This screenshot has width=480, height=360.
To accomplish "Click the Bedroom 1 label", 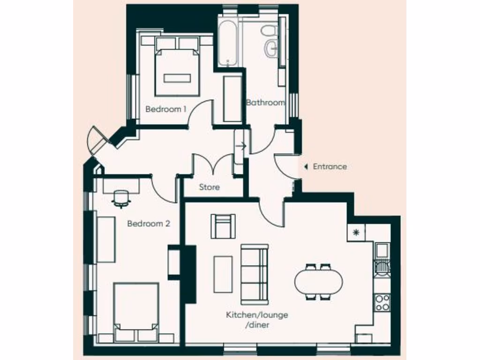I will [x=165, y=109].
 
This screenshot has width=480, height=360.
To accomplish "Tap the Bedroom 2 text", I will [x=148, y=224].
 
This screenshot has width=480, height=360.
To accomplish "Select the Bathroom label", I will [x=266, y=103].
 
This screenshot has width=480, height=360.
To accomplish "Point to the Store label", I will [x=209, y=187].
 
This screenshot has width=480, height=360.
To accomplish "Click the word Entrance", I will [x=330, y=166].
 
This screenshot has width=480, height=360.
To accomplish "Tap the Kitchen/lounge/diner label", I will [x=256, y=320].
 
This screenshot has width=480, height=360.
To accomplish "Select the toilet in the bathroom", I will [x=269, y=31].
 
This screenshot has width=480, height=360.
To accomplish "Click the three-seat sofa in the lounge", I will [x=255, y=274].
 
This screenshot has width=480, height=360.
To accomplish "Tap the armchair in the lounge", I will [x=223, y=226].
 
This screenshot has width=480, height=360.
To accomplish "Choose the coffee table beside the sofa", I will [x=223, y=274].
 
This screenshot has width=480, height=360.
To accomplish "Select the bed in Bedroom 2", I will [x=136, y=312].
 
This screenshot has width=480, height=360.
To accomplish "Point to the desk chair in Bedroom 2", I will [x=121, y=198].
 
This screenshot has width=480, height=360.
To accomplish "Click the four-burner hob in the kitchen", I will [x=382, y=302].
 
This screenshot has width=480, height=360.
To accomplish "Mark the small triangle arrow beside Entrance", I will [x=306, y=166].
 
